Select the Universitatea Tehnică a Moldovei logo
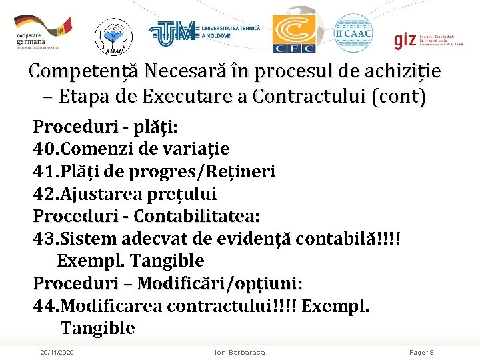[203, 32]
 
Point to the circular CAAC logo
[353, 33]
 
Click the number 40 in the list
[44, 149]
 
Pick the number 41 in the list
[44, 171]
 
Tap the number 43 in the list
[44, 239]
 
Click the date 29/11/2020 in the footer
[57, 352]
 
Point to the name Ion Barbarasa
[240, 352]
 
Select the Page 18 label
[421, 352]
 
